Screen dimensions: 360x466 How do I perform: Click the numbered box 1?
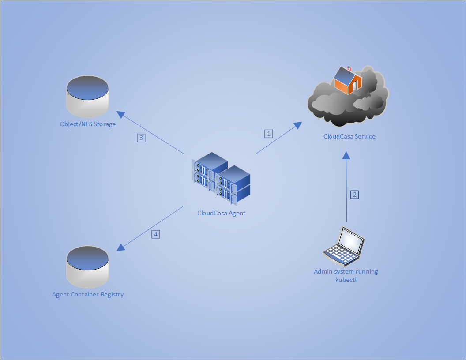pyautogui.click(x=268, y=134)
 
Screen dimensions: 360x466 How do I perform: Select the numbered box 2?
pyautogui.click(x=354, y=194)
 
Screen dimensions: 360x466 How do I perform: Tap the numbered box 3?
pyautogui.click(x=141, y=138)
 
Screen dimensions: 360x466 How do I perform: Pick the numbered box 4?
pyautogui.click(x=155, y=234)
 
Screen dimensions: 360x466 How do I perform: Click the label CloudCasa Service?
pyautogui.click(x=349, y=136)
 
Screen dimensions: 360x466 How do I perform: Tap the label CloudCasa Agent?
pyautogui.click(x=221, y=213)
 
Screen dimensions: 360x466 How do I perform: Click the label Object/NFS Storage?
pyautogui.click(x=87, y=124)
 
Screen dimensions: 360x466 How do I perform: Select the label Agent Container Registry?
pyautogui.click(x=88, y=294)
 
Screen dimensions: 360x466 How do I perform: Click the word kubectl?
pyautogui.click(x=346, y=279)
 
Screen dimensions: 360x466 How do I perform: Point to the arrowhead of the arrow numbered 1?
pyautogui.click(x=298, y=125)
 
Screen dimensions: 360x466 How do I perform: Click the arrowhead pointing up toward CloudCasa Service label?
pyautogui.click(x=346, y=155)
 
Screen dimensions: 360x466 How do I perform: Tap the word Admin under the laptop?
pyautogui.click(x=323, y=271)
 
